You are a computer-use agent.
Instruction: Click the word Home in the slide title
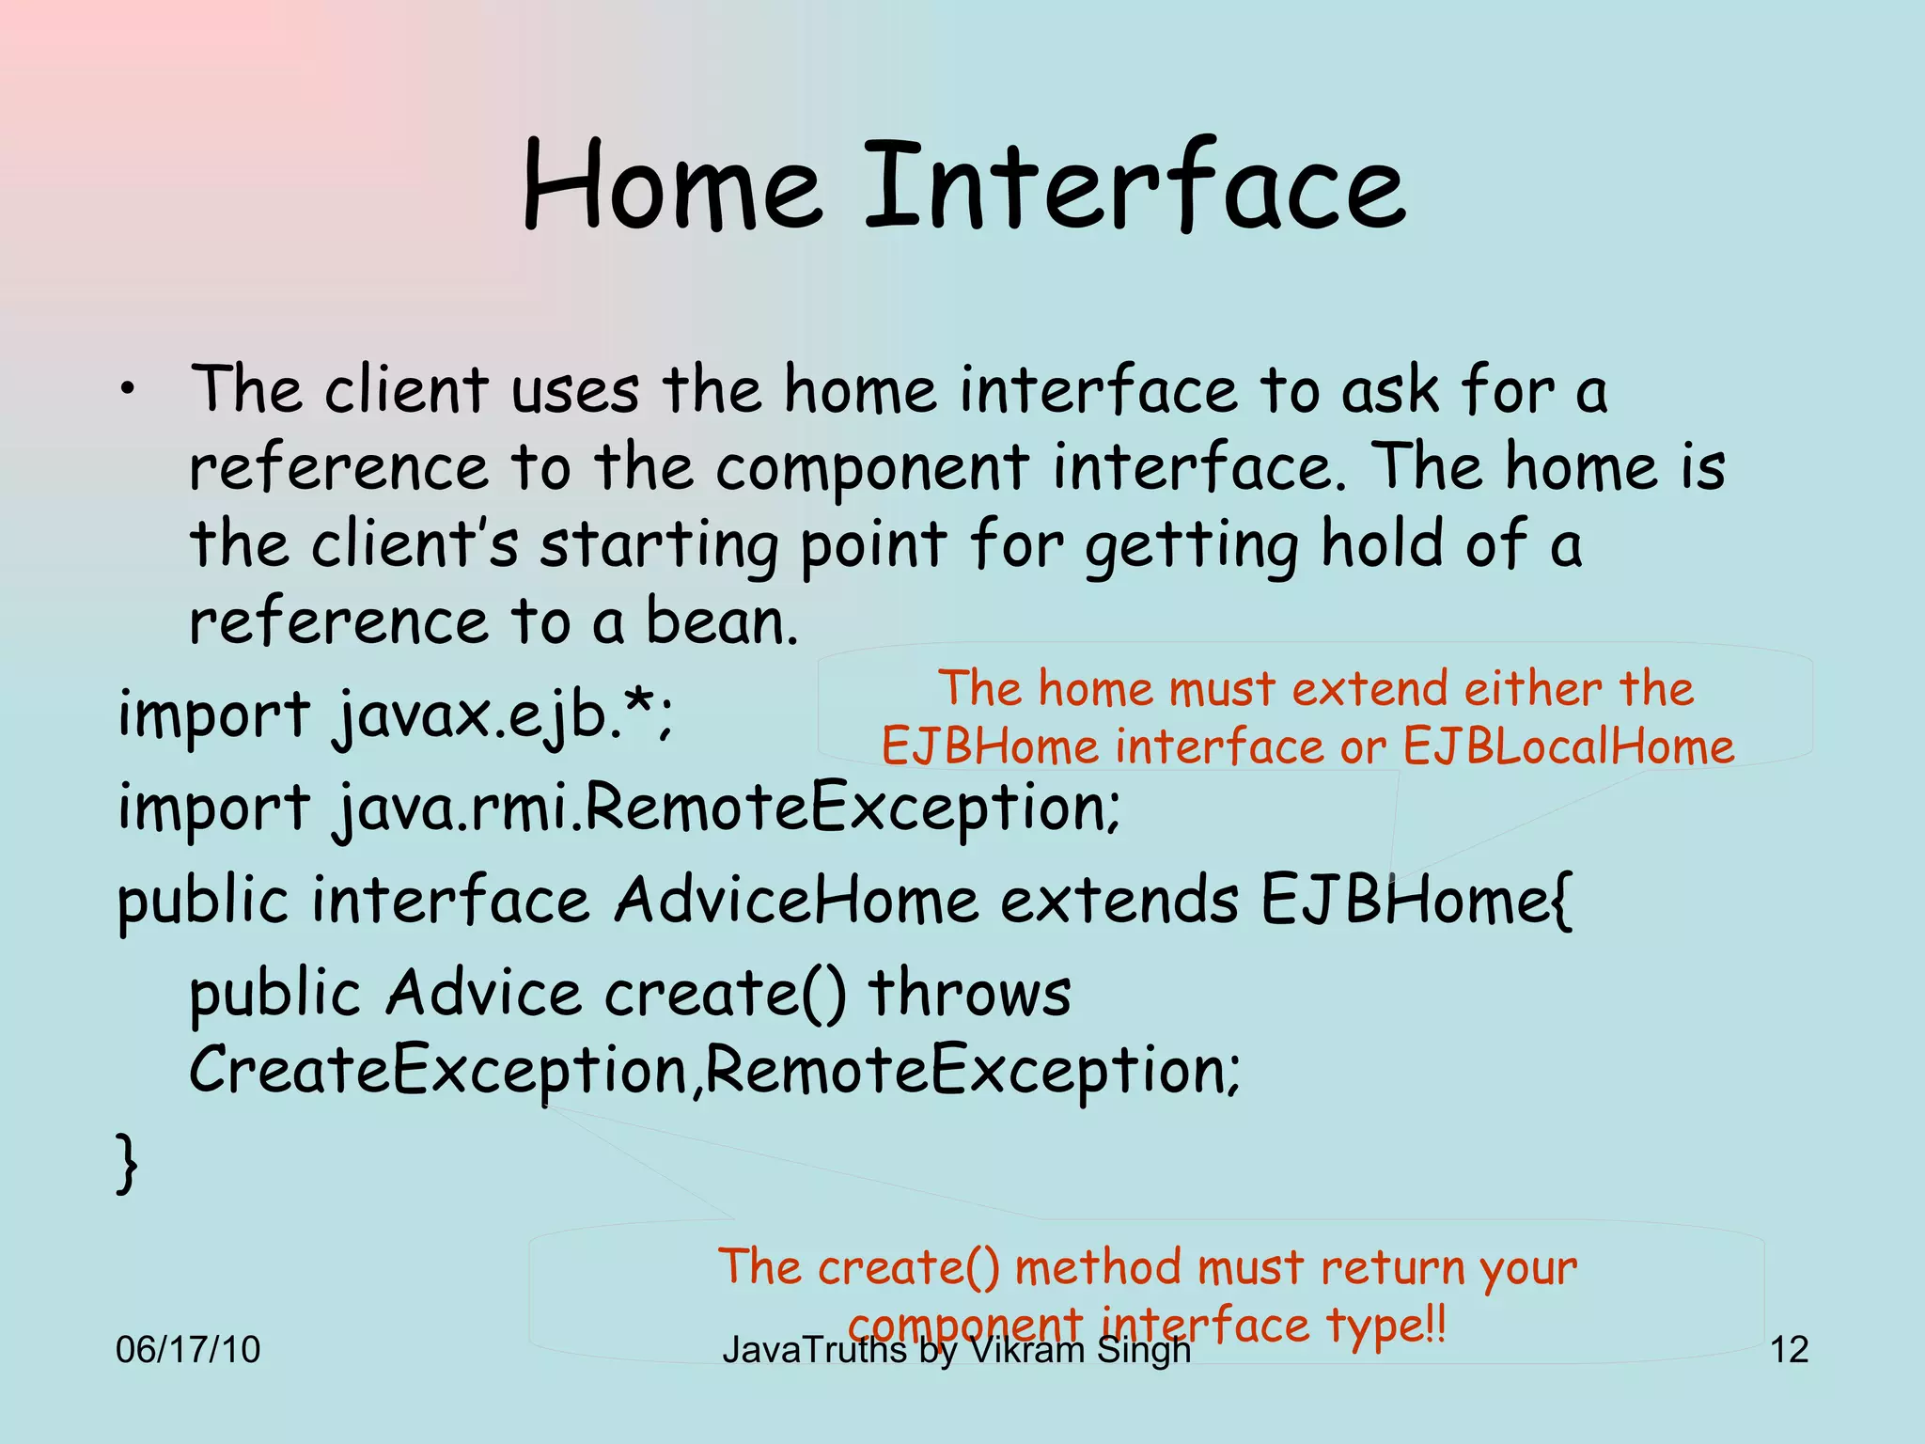point(671,186)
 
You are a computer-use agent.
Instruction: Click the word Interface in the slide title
point(1135,186)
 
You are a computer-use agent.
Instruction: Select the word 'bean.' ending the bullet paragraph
point(721,622)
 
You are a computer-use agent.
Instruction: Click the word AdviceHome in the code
point(795,901)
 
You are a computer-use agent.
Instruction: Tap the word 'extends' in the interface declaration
point(1119,901)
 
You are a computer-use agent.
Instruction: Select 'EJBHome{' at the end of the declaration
point(1416,901)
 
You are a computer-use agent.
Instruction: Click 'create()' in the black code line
point(725,994)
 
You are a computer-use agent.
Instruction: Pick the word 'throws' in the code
point(968,994)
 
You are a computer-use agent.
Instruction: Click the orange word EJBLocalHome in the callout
point(1568,747)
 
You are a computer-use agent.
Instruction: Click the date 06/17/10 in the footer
point(187,1350)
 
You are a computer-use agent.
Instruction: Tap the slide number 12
point(1789,1350)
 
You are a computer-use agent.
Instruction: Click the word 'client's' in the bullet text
point(415,545)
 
